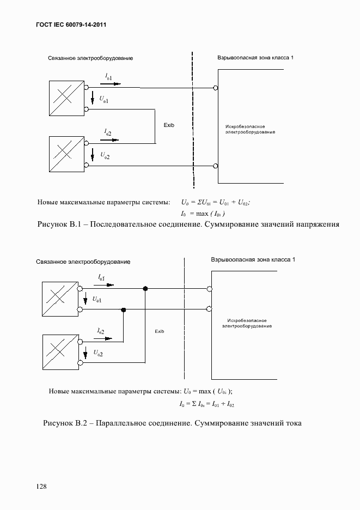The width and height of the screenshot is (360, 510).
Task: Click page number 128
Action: pos(41,485)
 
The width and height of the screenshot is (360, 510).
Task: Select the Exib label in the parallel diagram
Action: pos(159,331)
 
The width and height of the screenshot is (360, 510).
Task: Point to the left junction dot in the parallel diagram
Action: pos(124,309)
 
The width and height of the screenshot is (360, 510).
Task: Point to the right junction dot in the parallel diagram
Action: pos(145,288)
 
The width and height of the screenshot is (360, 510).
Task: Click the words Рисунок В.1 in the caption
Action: pos(57,224)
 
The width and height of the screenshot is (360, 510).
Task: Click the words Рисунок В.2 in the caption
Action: pos(63,423)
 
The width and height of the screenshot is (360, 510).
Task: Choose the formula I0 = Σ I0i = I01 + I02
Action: pos(206,404)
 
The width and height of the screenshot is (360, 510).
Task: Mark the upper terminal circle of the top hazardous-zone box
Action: pos(216,88)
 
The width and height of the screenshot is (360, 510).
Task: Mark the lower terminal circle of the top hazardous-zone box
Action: pos(216,165)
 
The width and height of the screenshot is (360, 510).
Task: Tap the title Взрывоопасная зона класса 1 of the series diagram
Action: pos(255,57)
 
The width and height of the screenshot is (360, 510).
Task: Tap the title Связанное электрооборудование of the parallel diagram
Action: pos(83,262)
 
